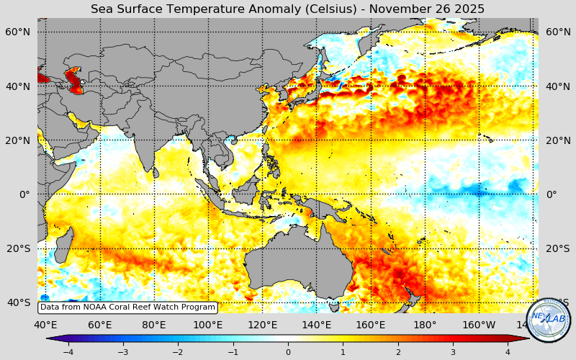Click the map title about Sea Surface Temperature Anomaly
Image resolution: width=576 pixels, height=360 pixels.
coord(287,9)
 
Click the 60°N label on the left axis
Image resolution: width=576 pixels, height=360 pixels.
coord(18,32)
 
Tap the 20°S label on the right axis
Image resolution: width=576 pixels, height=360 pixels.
coord(557,248)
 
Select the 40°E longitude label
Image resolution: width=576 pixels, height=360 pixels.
coord(45,325)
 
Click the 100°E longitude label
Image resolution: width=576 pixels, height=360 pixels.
coord(208,325)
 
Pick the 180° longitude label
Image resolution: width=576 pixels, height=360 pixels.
coord(425,325)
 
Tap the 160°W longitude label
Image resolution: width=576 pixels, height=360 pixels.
coord(479,325)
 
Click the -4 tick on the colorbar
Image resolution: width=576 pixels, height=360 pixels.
coord(68,352)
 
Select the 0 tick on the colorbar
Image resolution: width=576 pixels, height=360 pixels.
coord(288,352)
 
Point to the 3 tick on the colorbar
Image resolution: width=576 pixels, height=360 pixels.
coord(453,352)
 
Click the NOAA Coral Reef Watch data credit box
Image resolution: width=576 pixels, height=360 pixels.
coord(127,307)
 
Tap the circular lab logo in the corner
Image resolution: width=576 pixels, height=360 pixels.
coord(549,320)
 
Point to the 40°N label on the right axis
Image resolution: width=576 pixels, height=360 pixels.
coord(557,86)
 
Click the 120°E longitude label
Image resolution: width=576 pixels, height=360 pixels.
coord(262,325)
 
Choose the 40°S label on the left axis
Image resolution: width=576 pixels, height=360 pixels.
coord(18,302)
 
